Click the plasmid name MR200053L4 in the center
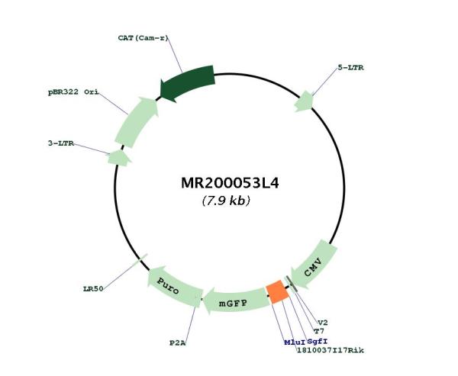pos(230,183)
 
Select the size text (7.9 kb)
pos(226,201)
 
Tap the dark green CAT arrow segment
pos(189,82)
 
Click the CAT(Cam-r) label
pos(144,38)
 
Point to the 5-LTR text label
pos(351,68)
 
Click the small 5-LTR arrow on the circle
pos(304,101)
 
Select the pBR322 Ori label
pos(73,92)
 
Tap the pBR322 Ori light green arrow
pos(137,122)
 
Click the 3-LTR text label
pos(61,143)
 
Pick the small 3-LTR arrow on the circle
pos(119,158)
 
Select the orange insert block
pos(278,292)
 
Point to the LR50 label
pos(93,289)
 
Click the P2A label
pos(178,342)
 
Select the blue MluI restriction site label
pos(295,342)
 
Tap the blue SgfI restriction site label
pos(318,341)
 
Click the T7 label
pos(319,331)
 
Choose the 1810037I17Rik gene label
pos(331,350)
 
